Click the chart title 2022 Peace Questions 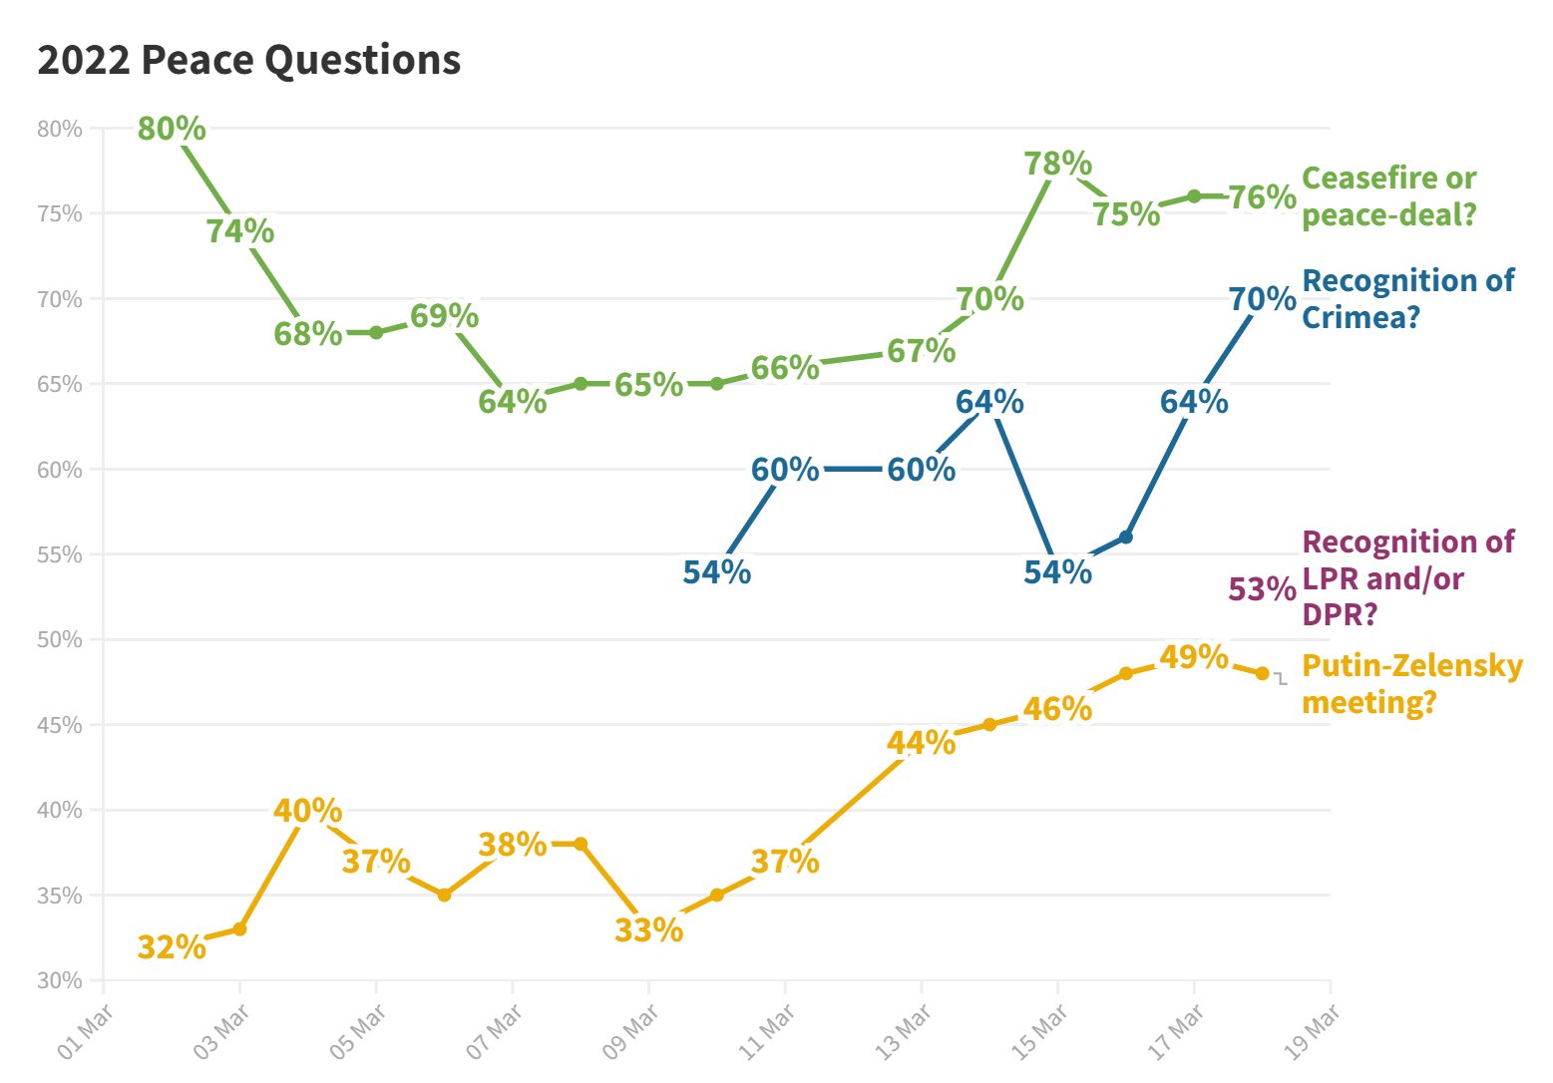point(249,60)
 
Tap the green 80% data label point(172,129)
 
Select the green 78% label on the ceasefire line point(1058,163)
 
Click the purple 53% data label point(1262,589)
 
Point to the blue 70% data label point(1262,298)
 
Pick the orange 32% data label point(172,946)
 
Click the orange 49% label point(1194,656)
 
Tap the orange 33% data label point(648,929)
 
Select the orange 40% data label point(308,810)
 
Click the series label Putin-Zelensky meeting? point(1411,683)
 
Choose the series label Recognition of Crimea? point(1407,298)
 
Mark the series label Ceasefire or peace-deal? point(1388,195)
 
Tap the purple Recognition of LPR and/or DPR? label point(1407,577)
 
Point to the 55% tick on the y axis point(61,554)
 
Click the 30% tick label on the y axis point(61,980)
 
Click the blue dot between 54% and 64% point(1126,537)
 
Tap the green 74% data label point(240,230)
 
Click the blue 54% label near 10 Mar point(716,571)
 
